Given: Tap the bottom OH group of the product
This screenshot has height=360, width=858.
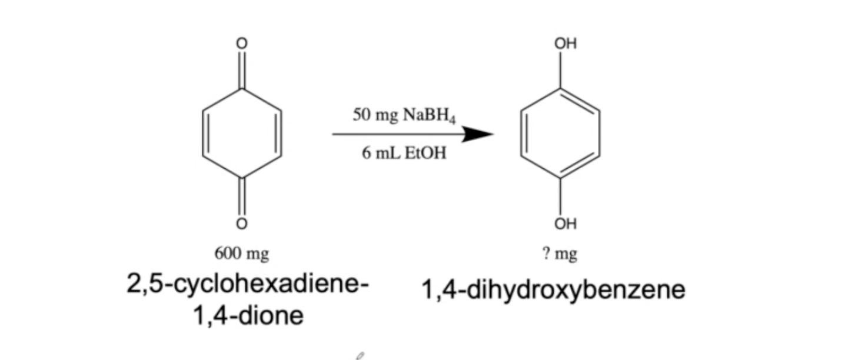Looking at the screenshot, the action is pos(565,224).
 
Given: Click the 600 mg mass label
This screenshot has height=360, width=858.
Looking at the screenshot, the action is pos(241,254).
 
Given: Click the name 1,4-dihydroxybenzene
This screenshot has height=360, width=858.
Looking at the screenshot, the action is pos(553,290).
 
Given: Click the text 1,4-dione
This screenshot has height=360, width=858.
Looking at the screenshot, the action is pos(248,316).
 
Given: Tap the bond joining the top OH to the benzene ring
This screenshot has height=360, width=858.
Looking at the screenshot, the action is pos(560,69).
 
